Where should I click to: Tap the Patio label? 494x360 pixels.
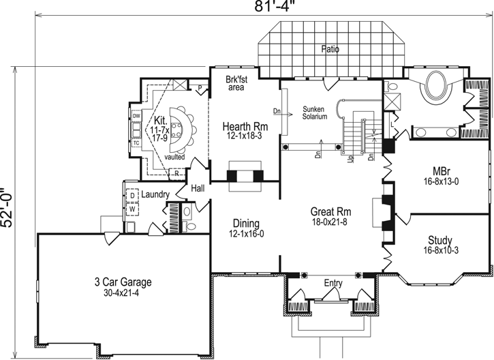pos(331,49)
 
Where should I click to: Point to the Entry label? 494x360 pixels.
pos(334,283)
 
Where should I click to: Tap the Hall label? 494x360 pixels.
pos(198,187)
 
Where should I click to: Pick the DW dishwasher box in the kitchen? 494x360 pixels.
pos(136,117)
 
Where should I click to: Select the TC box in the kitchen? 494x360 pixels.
pos(136,142)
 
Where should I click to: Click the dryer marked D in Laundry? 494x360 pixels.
pos(132,196)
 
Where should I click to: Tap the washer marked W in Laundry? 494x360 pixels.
pos(132,209)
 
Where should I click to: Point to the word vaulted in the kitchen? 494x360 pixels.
pos(174,156)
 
